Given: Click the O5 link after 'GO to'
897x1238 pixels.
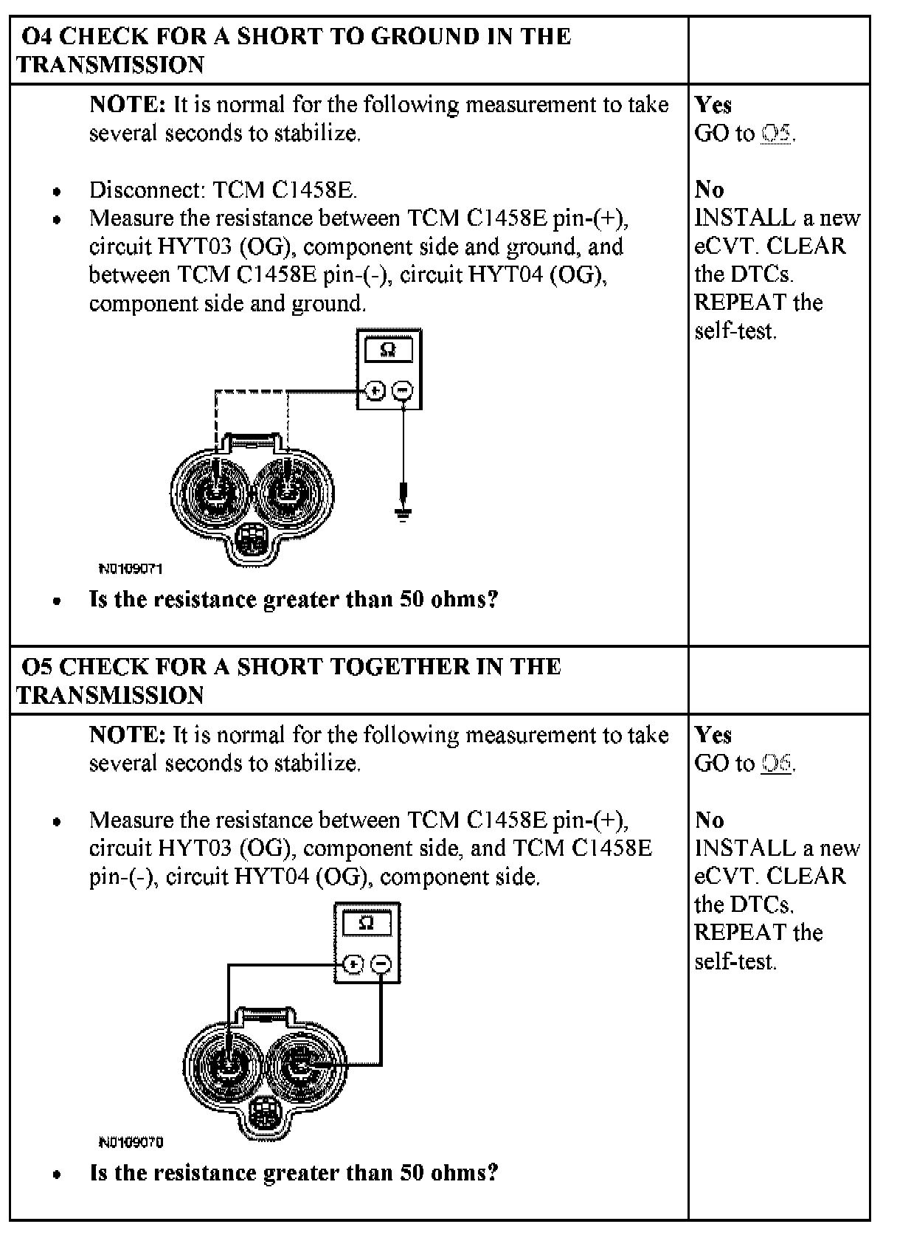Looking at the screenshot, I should click(777, 134).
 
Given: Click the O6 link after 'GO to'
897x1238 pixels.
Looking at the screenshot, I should click(777, 764).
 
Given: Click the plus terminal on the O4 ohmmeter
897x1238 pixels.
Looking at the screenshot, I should click(375, 391).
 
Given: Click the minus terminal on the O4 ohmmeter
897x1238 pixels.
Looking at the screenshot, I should click(402, 391).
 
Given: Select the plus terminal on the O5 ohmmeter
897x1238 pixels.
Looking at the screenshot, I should click(354, 964).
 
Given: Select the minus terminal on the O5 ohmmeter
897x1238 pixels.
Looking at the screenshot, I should click(381, 964).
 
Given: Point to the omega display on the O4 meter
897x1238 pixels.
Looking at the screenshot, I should click(389, 350).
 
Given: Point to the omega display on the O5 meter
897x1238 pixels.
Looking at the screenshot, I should click(367, 923).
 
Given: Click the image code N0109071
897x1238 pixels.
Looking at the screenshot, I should click(131, 569).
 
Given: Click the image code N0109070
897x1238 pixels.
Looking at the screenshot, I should click(131, 1142).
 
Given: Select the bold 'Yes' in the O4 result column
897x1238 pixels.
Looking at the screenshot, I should click(713, 105).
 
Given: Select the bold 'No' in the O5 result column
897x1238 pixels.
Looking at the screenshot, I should click(710, 820).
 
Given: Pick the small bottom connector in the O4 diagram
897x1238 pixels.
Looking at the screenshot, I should click(252, 542).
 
